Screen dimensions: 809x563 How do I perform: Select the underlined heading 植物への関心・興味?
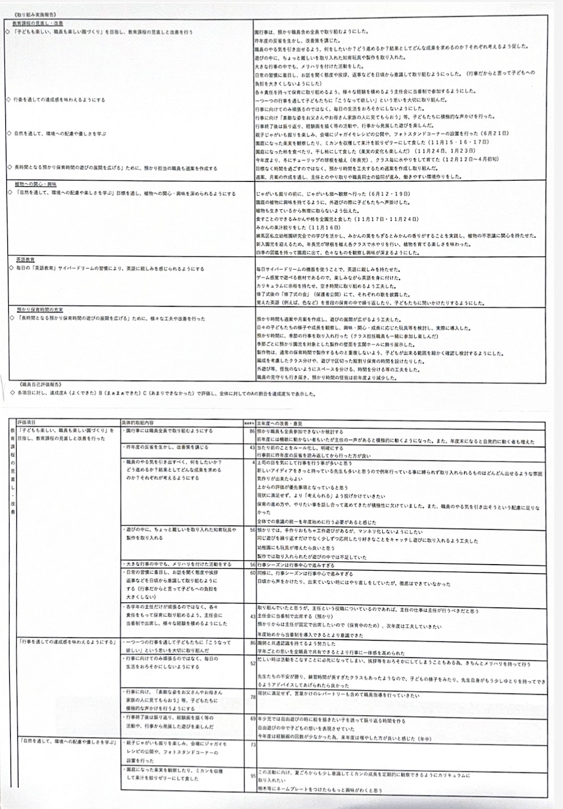[x=36, y=185]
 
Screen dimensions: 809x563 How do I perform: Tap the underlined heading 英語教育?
[x=25, y=260]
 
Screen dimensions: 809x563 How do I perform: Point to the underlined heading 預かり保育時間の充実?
[x=40, y=310]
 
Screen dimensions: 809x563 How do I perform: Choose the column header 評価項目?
[x=27, y=423]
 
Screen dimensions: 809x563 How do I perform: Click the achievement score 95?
[x=253, y=776]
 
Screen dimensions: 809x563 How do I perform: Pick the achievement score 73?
[x=253, y=745]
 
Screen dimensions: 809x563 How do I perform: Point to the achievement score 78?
[x=253, y=697]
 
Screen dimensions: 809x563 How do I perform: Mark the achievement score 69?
[x=253, y=718]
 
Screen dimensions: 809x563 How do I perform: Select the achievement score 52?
[x=253, y=664]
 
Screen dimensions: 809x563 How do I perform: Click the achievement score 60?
[x=253, y=573]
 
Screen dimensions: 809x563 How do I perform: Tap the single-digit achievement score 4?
[x=254, y=462]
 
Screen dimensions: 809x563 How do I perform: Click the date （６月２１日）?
[x=491, y=134]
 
